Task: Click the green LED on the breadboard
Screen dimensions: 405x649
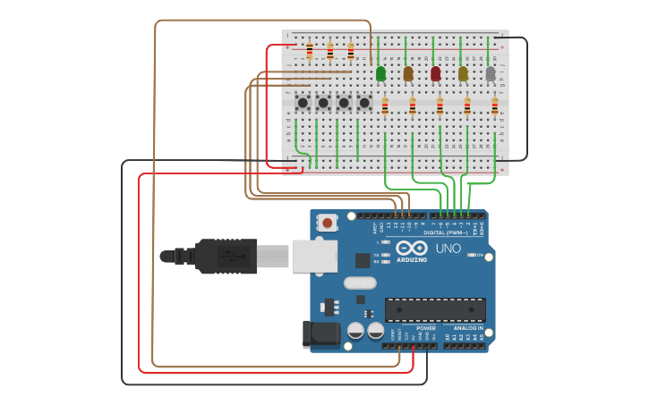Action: click(381, 73)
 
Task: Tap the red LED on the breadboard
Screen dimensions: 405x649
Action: click(436, 73)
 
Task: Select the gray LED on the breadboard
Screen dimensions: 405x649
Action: click(491, 73)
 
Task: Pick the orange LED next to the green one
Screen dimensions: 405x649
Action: click(408, 73)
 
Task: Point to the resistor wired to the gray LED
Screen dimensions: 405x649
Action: click(494, 106)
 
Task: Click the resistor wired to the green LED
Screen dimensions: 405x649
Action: click(385, 106)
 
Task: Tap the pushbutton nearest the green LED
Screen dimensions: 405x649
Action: click(364, 103)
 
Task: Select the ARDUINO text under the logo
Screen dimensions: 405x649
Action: click(412, 260)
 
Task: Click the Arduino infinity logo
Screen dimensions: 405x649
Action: click(412, 248)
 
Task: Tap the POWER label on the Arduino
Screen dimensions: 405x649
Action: click(426, 328)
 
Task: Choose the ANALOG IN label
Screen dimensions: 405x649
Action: click(468, 328)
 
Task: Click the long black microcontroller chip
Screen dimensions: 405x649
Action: click(435, 309)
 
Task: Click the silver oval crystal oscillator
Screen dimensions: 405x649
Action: click(359, 283)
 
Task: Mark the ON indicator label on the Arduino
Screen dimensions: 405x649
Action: click(481, 255)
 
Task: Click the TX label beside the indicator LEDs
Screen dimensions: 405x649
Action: click(376, 255)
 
